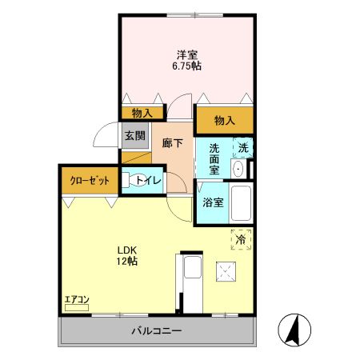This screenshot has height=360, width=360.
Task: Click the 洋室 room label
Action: [x=187, y=55]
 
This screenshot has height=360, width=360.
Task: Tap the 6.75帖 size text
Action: [x=186, y=66]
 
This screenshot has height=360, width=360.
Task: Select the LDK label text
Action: [x=127, y=250]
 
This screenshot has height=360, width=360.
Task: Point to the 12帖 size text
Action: [x=126, y=261]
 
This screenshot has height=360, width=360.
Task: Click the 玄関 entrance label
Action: [x=135, y=136]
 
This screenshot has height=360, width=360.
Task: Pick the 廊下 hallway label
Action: [x=173, y=143]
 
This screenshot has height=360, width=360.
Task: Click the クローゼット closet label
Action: [x=90, y=181]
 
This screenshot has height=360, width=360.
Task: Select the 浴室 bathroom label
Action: [x=213, y=202]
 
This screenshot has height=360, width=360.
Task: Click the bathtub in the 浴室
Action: [x=241, y=203]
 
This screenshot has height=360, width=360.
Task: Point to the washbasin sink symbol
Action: [x=238, y=169]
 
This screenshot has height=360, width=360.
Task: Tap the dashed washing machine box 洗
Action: [x=242, y=147]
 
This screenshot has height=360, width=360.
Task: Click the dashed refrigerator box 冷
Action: [x=241, y=239]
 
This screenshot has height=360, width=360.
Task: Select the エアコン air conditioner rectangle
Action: [x=77, y=308]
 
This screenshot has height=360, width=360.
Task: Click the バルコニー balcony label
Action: [x=157, y=331]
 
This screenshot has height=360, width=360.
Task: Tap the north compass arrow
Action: [x=294, y=330]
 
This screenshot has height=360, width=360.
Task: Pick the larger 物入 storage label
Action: [x=225, y=121]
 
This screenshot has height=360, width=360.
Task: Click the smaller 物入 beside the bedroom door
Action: [x=142, y=114]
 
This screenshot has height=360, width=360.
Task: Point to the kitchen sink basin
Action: [x=192, y=267]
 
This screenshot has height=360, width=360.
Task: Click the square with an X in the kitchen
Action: [x=226, y=271]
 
